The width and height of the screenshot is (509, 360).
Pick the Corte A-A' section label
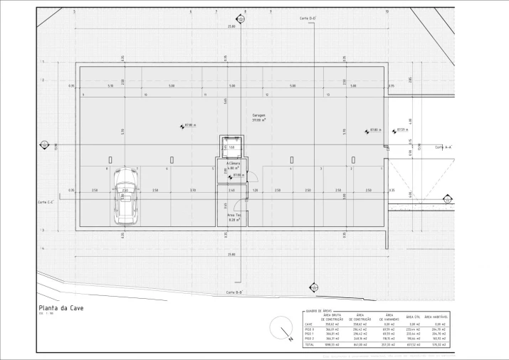[444, 147]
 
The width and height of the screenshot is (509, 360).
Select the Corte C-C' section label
[47, 202]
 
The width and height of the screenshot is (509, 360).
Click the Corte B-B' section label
[235, 292]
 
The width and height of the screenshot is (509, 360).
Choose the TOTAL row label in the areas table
[310, 344]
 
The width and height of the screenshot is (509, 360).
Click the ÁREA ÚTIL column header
[414, 317]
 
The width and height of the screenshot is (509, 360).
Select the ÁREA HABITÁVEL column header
[437, 317]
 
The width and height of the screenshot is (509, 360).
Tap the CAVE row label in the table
[309, 324]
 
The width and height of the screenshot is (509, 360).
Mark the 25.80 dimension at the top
[231, 26]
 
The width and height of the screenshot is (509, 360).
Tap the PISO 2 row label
[310, 339]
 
